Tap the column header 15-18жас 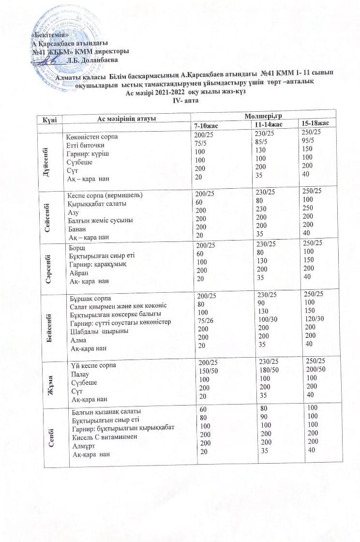315,123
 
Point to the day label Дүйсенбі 49,158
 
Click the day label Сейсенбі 49,215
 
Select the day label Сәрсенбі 50,265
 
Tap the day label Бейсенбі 50,321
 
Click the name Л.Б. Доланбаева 92,60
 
